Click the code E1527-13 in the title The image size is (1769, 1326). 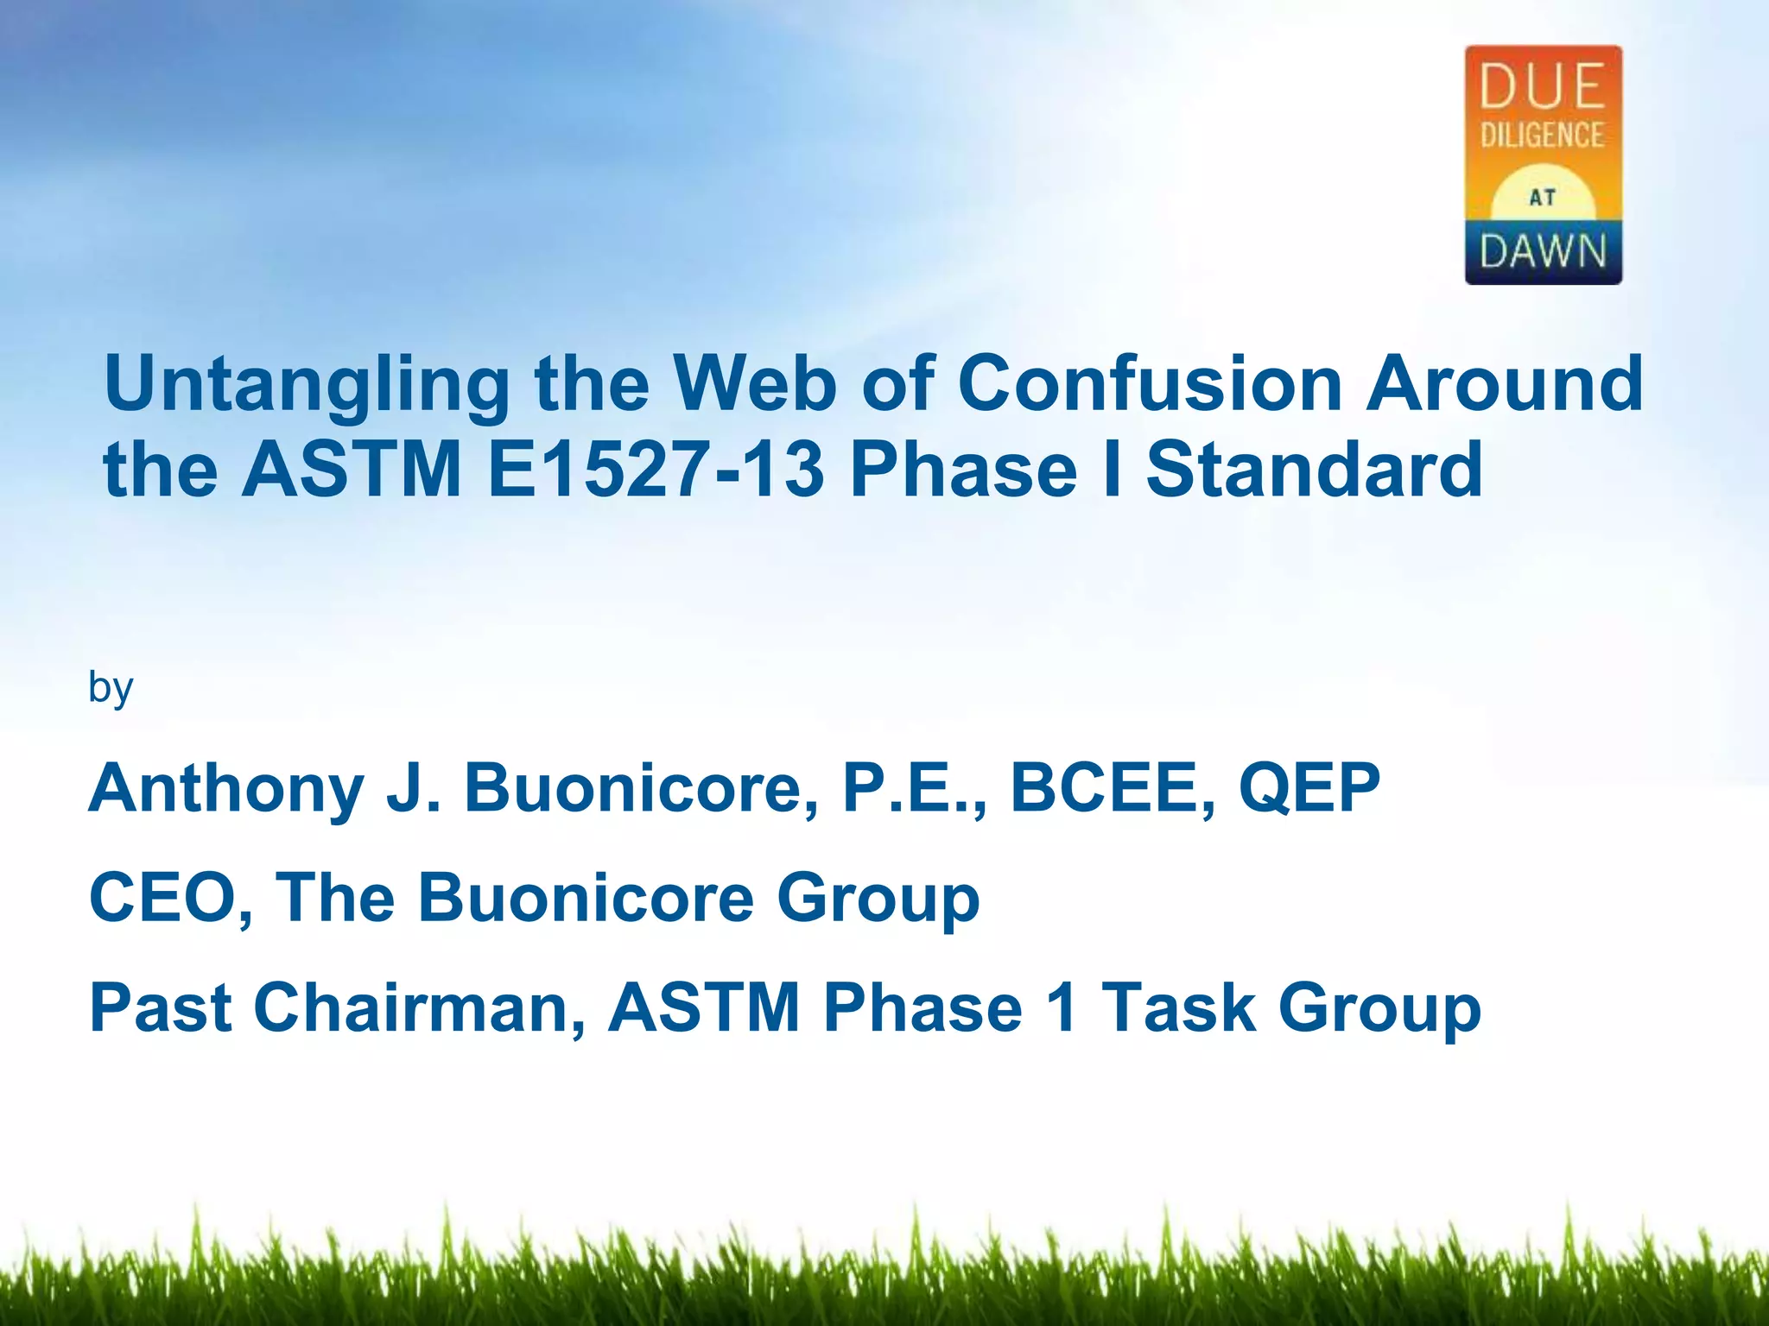point(656,470)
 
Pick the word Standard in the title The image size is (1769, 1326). point(1314,470)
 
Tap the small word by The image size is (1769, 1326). point(111,688)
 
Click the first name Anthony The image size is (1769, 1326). point(226,789)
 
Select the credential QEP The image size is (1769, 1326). point(1309,787)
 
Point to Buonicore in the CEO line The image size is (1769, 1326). point(586,898)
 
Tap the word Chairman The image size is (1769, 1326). point(418,1007)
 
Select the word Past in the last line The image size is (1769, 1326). point(160,1007)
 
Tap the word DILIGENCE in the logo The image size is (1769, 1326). point(1543,135)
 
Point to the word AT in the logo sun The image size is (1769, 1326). point(1543,198)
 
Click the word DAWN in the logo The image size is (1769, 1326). point(1543,252)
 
